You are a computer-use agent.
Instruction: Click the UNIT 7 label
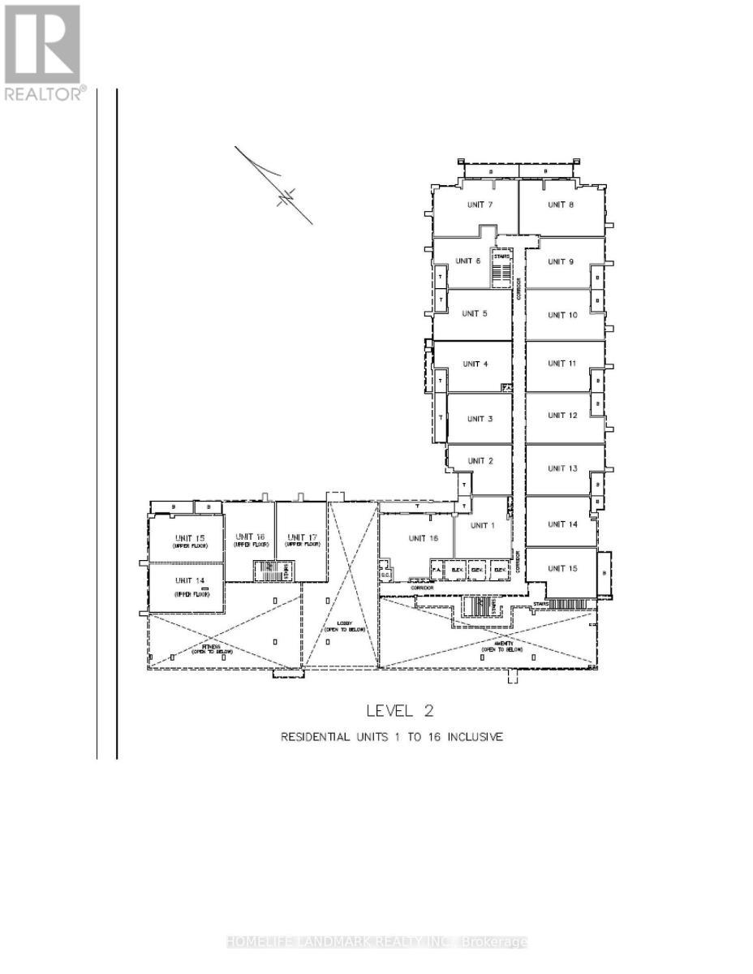click(x=478, y=205)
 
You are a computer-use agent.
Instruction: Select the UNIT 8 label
click(x=560, y=205)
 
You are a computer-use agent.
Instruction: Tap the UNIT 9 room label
click(x=561, y=261)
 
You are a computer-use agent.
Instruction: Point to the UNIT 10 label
click(x=562, y=315)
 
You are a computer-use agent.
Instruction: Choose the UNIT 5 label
click(x=475, y=313)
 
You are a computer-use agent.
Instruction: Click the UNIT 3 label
click(x=480, y=419)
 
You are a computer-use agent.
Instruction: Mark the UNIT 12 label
click(x=562, y=416)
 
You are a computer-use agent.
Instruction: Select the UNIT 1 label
click(x=482, y=525)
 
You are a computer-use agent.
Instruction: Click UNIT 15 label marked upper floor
click(x=189, y=540)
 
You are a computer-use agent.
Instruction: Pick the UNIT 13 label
click(x=562, y=468)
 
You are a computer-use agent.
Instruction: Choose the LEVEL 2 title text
click(x=400, y=711)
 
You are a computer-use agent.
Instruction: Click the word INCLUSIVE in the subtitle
click(x=476, y=737)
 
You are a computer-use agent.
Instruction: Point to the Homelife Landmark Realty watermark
click(x=376, y=942)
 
